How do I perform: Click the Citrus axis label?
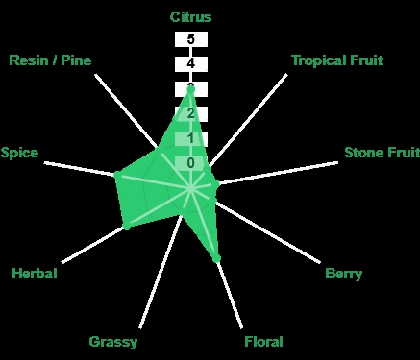pos(190,17)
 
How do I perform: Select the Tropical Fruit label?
pos(337,60)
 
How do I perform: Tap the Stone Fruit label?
pos(382,153)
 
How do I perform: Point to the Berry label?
pos(343,274)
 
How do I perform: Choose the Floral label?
pos(263,342)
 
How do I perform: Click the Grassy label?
pos(113,342)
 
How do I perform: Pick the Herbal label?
pos(35,274)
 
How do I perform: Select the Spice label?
pos(19,153)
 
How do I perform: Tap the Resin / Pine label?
pos(50,60)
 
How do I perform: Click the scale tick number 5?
pos(191,39)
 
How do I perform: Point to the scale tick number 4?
pos(191,64)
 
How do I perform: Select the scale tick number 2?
pos(191,113)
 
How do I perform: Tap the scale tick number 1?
pos(191,138)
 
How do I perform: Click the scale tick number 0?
pos(191,163)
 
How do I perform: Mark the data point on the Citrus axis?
pos(191,89)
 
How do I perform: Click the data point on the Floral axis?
pos(217,258)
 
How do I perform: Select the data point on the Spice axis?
pos(117,175)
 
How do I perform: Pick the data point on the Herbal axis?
pos(127,227)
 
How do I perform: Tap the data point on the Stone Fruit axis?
pos(216,184)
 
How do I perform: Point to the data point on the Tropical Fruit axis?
pos(207,169)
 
